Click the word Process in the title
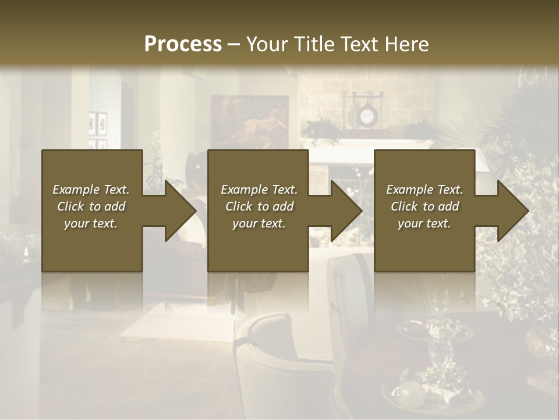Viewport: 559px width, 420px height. pyautogui.click(x=183, y=44)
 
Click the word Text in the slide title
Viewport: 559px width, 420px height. pyautogui.click(x=357, y=44)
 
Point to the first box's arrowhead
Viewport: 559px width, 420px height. pyautogui.click(x=178, y=211)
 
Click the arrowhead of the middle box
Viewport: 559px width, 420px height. pyautogui.click(x=344, y=211)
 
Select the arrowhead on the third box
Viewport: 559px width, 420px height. pyautogui.click(x=511, y=211)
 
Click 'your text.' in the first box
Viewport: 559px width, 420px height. pyautogui.click(x=91, y=223)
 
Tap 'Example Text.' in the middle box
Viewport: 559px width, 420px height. pyautogui.click(x=259, y=190)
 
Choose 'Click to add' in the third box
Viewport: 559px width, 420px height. pyautogui.click(x=424, y=206)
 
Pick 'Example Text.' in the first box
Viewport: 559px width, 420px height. pyautogui.click(x=91, y=190)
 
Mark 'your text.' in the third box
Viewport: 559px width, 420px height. pyautogui.click(x=424, y=223)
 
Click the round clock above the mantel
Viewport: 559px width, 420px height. pyautogui.click(x=366, y=117)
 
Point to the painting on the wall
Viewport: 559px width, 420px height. pyautogui.click(x=250, y=121)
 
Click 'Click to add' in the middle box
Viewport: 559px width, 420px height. pyautogui.click(x=259, y=206)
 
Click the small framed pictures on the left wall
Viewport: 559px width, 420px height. pyautogui.click(x=98, y=128)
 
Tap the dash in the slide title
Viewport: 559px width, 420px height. pyautogui.click(x=233, y=44)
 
